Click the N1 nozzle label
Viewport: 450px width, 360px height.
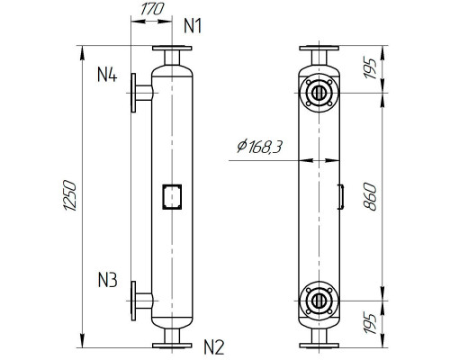[192, 25]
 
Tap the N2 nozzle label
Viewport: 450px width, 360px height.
[214, 344]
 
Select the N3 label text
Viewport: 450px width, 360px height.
[107, 280]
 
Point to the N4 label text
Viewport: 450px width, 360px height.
[107, 73]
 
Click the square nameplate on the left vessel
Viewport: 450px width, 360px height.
[170, 195]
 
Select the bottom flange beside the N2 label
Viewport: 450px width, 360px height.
[170, 344]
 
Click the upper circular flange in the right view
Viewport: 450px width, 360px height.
[318, 93]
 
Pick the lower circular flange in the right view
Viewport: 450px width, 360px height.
[318, 300]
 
